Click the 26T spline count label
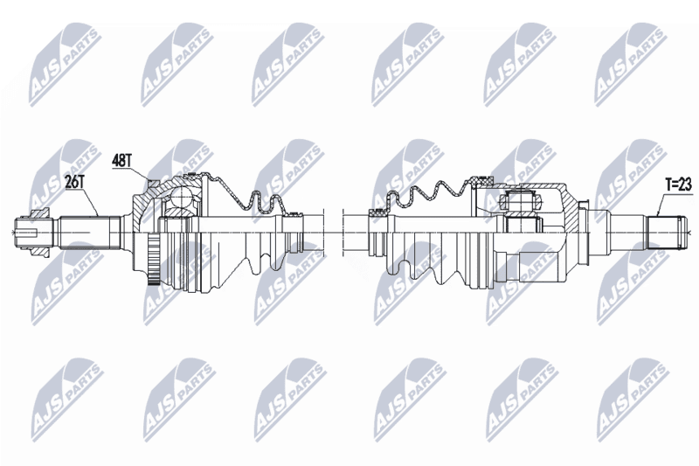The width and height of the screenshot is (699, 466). pyautogui.click(x=74, y=182)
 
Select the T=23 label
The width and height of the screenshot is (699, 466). pyautogui.click(x=678, y=185)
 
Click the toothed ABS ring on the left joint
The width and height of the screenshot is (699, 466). pyautogui.click(x=154, y=261)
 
